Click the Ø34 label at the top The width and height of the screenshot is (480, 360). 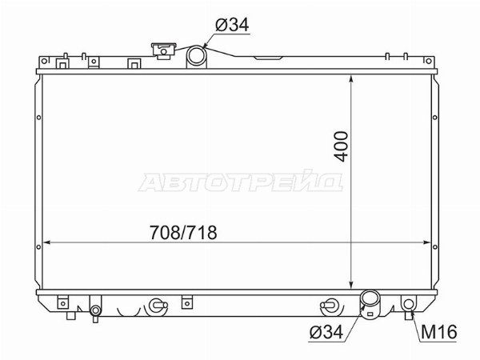coord(232,25)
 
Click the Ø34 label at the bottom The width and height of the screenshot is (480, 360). coord(326,331)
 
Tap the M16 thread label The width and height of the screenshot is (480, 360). coord(438,331)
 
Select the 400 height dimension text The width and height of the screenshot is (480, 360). coord(342,146)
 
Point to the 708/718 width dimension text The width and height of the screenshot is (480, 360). coord(183,232)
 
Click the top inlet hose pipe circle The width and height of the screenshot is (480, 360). coord(196,54)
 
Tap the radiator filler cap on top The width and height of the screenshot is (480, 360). coord(164,50)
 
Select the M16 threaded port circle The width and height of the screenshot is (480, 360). coord(409,304)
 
